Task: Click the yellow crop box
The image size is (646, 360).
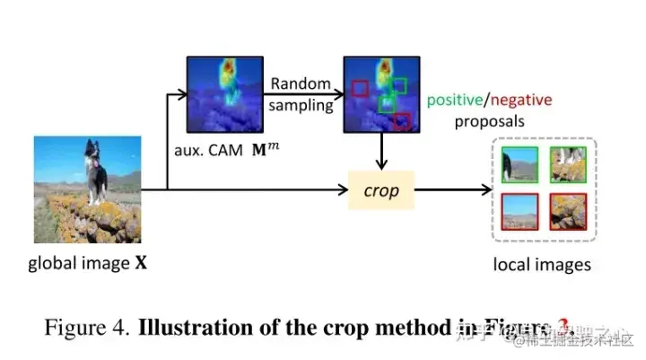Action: (380, 191)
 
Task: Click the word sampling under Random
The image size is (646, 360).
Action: (301, 104)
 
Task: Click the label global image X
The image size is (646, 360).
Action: (87, 264)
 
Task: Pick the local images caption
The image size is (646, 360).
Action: (542, 264)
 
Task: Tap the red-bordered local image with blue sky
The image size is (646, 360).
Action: (519, 212)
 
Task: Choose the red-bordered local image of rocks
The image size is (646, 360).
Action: (567, 212)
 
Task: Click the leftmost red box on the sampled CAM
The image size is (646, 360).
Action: (360, 87)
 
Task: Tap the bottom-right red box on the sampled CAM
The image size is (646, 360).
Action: (401, 120)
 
